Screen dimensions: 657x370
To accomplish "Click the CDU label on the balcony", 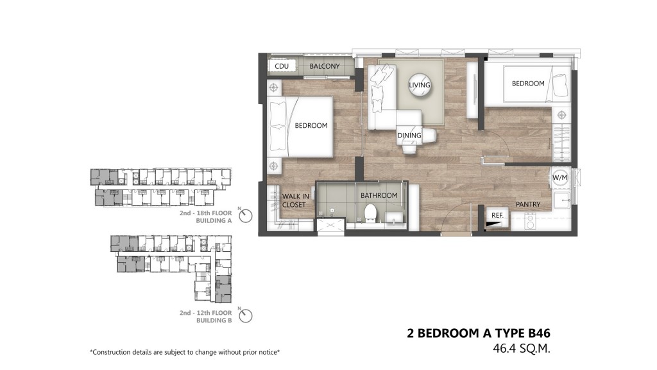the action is tap(282, 66).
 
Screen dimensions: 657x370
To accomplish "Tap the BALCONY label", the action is tap(325, 66).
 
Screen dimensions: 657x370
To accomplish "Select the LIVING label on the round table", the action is tap(420, 85).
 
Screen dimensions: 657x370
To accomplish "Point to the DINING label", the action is tap(409, 136).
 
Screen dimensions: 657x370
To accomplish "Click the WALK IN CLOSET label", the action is tap(295, 200).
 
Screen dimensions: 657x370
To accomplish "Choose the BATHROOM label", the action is tap(379, 195).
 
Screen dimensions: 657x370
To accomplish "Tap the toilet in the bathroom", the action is tap(371, 213).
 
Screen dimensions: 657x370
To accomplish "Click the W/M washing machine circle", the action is tap(559, 177).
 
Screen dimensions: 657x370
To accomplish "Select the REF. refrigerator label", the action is tap(497, 215).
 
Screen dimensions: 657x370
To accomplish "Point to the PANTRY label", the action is tap(528, 204).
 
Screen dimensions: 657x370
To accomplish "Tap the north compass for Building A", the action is tap(246, 216).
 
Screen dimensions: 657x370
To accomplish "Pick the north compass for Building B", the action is tap(246, 315).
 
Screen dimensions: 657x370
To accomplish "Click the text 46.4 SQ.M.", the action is tap(522, 349).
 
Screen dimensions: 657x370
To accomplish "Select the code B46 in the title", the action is tap(539, 333).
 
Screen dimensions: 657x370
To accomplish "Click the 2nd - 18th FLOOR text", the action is tap(206, 213).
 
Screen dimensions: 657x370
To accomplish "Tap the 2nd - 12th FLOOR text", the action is tap(206, 313).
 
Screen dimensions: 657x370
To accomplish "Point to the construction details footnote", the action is tap(185, 353).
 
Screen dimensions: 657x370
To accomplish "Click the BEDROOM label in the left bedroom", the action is tap(311, 125).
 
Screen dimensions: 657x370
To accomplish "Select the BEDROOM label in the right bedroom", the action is tap(528, 84).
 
